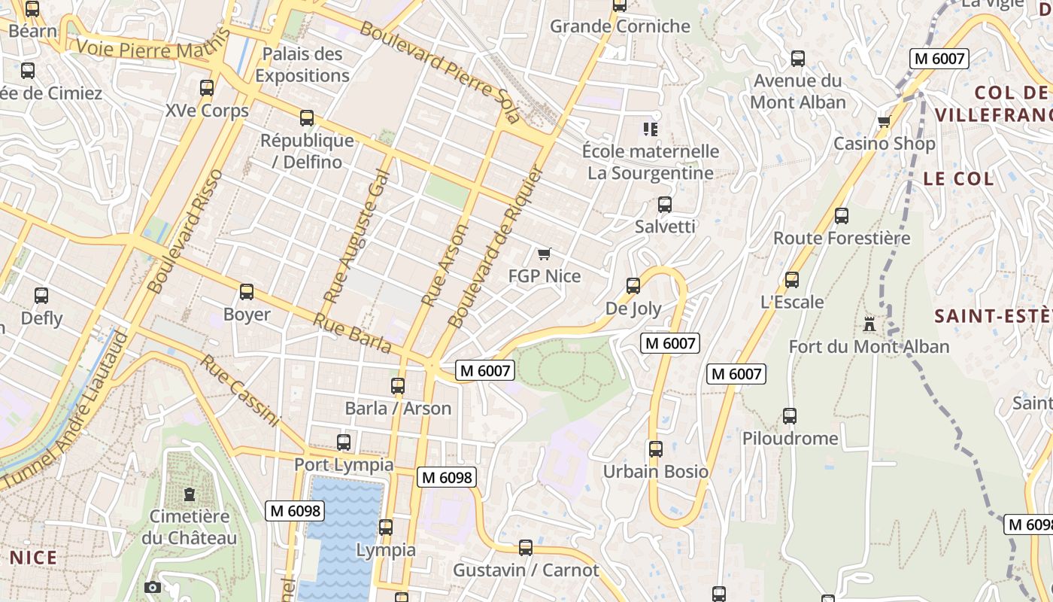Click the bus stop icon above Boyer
point(246,292)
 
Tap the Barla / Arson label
point(398,409)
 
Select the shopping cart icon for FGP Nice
point(545,254)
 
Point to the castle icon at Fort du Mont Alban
point(870,324)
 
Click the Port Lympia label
point(343,464)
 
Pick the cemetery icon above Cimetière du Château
point(189,494)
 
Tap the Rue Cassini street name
point(240,391)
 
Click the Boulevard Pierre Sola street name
point(440,72)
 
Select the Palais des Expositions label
point(302,65)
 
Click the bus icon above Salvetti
point(664,205)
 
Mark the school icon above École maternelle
point(651,129)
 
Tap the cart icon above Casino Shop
point(884,121)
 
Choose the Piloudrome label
point(790,439)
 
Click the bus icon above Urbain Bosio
point(656,449)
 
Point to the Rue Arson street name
point(444,265)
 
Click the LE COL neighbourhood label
point(957,179)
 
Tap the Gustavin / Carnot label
point(526,570)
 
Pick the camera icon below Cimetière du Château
point(153,587)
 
